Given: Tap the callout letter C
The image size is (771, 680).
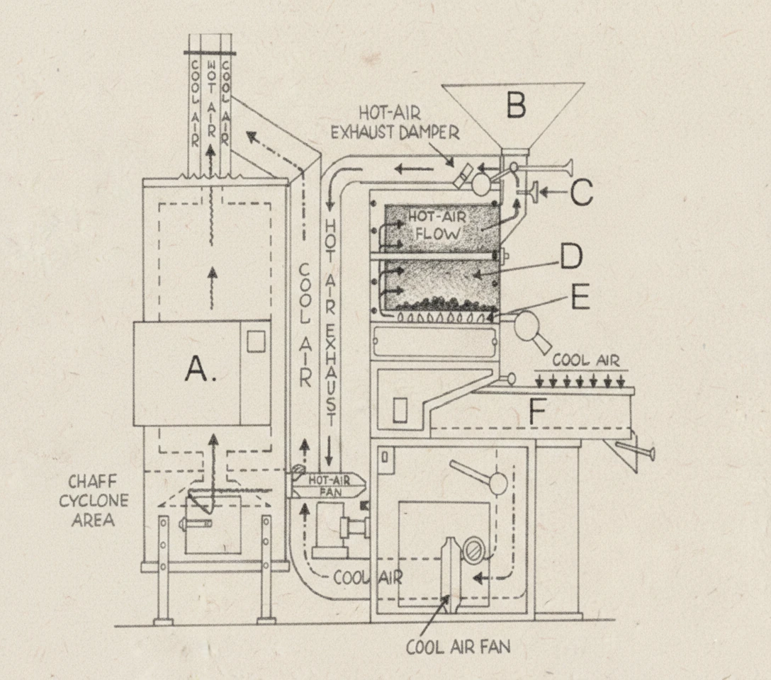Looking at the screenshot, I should pos(582,193).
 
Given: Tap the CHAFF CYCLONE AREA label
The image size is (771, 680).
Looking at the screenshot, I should pos(94,501).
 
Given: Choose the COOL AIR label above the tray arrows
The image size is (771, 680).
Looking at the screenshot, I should pos(585,360).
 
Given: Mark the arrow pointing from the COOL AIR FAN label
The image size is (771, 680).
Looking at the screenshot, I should pos(434,616).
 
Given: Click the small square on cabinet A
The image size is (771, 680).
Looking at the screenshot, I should pos(255,341).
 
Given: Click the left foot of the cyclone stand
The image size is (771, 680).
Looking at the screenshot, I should pos(163,620).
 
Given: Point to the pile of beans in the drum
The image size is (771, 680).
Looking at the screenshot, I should pos(440,305).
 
